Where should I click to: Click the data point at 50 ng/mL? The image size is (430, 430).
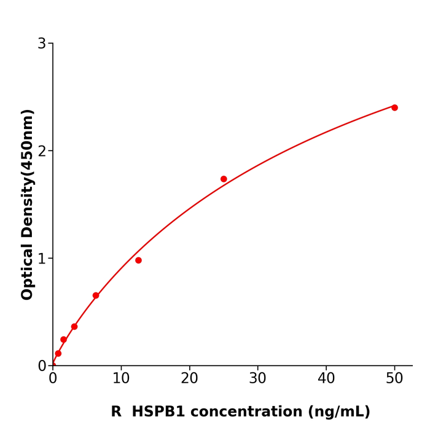tap(394, 107)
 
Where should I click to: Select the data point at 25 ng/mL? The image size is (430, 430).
tap(224, 179)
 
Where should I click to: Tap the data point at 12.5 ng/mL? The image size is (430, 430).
tap(138, 260)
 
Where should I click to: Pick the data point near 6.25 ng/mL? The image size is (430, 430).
tap(96, 295)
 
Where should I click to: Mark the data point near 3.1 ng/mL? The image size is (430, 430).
tap(74, 327)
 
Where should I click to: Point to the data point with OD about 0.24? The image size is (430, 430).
tap(63, 340)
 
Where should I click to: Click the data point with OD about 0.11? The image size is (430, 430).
tap(58, 353)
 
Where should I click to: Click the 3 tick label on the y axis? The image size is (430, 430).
tap(42, 44)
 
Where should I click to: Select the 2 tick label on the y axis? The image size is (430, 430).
tap(42, 151)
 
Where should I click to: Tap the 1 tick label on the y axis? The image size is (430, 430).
tap(42, 259)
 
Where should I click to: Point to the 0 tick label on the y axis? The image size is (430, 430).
tap(42, 366)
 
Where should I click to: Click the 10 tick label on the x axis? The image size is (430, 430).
tap(121, 379)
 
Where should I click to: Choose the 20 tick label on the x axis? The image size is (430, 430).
tap(189, 379)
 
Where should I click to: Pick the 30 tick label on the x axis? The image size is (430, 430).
tap(257, 379)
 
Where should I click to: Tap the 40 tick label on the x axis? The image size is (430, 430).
tap(326, 379)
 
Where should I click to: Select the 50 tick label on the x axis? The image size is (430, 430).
tap(394, 379)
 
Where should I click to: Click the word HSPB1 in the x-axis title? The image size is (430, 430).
tap(160, 412)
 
